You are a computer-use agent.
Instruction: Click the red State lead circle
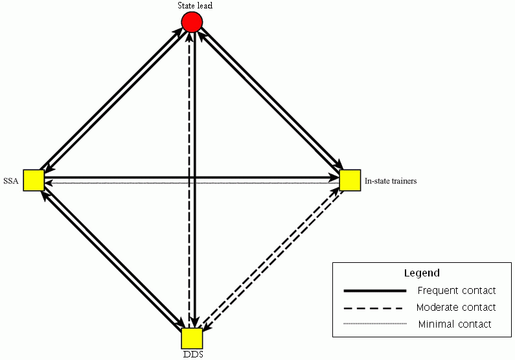coord(192,23)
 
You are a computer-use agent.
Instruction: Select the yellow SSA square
coord(33,180)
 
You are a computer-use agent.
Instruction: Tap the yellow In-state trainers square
coord(350,180)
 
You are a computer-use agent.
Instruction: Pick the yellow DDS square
coord(192,338)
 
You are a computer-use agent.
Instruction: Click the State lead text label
coord(195,6)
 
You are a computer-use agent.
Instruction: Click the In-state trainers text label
coord(391,181)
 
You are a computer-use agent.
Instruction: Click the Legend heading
coord(422,273)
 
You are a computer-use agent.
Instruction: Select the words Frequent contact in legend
coord(457,291)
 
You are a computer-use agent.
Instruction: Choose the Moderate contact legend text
coord(456,308)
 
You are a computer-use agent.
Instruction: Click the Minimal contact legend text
coord(455,324)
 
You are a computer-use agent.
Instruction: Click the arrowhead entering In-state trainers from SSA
coord(335,176)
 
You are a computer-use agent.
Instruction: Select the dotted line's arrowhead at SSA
coord(47,184)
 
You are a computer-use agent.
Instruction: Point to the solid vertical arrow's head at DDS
coord(195,323)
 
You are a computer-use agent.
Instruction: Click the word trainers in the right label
coord(402,181)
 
